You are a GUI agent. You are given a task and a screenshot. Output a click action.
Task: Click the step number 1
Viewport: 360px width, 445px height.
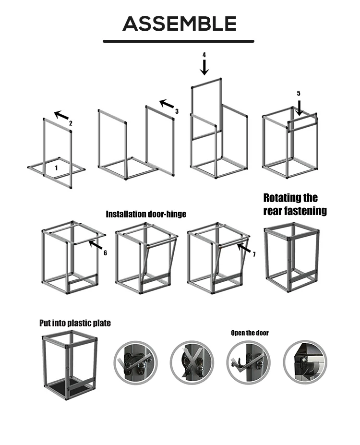[56, 168]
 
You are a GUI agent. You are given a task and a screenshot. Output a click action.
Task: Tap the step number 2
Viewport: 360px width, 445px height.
[71, 123]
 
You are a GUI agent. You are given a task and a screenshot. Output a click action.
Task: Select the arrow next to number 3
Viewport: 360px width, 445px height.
[167, 104]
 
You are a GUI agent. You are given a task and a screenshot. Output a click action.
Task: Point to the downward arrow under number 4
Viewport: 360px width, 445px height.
[204, 68]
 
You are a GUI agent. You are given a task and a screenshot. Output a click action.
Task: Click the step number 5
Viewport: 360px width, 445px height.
[299, 93]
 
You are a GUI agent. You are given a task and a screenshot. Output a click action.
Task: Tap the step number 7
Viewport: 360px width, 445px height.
[254, 254]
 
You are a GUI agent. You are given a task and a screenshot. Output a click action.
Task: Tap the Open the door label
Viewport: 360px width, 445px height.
[250, 333]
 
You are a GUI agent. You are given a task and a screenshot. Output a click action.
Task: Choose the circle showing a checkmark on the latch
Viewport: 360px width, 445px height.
[136, 363]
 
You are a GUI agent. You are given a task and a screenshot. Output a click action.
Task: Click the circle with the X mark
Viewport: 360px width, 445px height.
[192, 363]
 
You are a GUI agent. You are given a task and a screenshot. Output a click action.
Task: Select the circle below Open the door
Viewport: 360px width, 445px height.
[248, 363]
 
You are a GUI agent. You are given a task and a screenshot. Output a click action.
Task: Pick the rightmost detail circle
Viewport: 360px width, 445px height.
[305, 362]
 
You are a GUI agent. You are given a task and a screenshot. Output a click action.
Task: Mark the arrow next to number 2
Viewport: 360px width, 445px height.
[61, 116]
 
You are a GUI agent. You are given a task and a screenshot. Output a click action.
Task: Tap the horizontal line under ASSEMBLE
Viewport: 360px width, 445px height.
[179, 41]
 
